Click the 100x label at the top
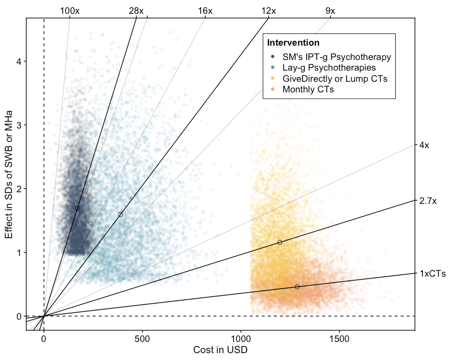[x=70, y=11]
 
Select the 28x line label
[x=136, y=11]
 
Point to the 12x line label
[x=269, y=11]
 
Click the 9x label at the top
[x=330, y=11]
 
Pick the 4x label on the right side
[x=424, y=145]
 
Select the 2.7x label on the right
[x=428, y=201]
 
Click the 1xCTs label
[x=432, y=274]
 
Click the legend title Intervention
[x=293, y=42]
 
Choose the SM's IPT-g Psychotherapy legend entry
[x=336, y=57]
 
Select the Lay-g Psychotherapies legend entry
[x=329, y=67]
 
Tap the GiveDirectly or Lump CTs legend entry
[x=335, y=79]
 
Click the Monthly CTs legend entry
[x=308, y=89]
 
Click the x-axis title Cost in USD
[x=220, y=350]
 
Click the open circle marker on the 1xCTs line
[x=297, y=287]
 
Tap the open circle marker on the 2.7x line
[x=280, y=242]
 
